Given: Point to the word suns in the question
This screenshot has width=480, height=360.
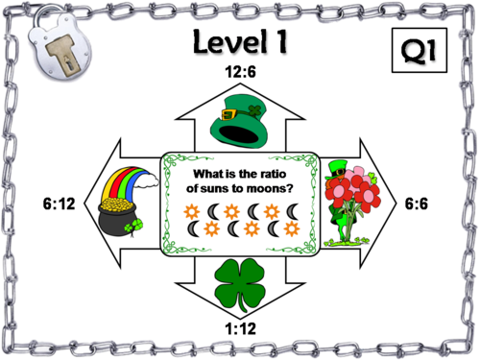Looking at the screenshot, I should (x=216, y=188).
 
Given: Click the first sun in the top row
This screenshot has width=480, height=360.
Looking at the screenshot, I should (x=192, y=210).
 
